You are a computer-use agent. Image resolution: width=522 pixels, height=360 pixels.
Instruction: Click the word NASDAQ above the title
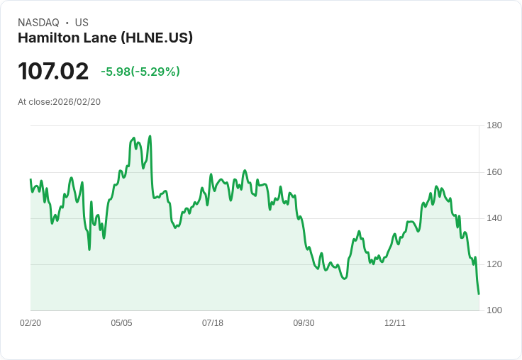[x=38, y=23]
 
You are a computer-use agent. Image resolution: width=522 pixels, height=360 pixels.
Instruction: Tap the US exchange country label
[x=82, y=23]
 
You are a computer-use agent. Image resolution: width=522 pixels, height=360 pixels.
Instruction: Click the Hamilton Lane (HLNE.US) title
[x=105, y=38]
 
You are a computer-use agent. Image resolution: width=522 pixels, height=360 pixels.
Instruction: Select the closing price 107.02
[x=53, y=72]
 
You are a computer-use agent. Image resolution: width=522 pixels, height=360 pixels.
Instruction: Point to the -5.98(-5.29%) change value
[x=140, y=72]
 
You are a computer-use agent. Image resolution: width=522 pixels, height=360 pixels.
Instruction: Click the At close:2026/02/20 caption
[x=60, y=102]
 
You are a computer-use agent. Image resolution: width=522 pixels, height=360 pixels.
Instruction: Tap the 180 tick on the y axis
[x=494, y=126]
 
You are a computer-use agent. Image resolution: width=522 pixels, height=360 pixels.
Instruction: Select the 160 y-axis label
[x=494, y=172]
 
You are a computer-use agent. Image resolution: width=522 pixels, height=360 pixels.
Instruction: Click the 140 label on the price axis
[x=494, y=218]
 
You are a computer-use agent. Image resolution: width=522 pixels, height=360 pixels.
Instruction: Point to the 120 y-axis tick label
[x=494, y=264]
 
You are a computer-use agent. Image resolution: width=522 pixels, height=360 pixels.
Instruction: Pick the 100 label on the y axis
[x=494, y=310]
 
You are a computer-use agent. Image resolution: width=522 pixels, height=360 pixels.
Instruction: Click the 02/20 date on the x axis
[x=30, y=323]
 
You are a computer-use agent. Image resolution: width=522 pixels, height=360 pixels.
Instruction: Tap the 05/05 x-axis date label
[x=121, y=323]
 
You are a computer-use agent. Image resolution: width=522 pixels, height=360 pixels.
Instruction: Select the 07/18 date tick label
[x=213, y=323]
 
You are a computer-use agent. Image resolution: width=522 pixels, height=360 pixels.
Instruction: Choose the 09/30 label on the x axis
[x=304, y=323]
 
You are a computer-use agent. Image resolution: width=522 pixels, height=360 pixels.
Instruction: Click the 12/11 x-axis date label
[x=395, y=323]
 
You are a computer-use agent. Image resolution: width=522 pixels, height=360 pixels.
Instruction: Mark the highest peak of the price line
[x=150, y=136]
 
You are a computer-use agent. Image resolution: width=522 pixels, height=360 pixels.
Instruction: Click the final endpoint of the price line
[x=479, y=293]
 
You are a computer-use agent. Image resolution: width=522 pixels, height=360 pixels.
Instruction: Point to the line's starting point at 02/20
[x=30, y=179]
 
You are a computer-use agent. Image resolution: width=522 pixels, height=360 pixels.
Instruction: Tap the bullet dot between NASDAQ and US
[x=67, y=23]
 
